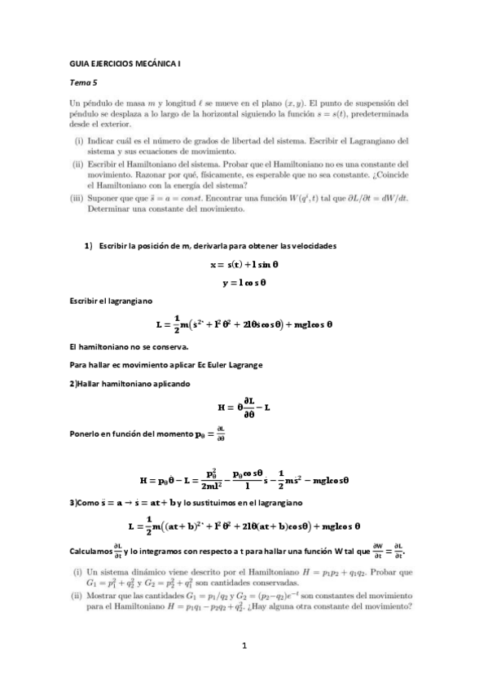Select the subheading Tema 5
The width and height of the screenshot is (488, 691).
point(83,83)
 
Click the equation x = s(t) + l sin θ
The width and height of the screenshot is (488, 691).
point(244,265)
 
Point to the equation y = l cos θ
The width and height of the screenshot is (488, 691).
point(244,284)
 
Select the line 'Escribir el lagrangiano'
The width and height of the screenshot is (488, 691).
point(105,302)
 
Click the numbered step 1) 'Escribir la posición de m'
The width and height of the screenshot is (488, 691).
point(210,246)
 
